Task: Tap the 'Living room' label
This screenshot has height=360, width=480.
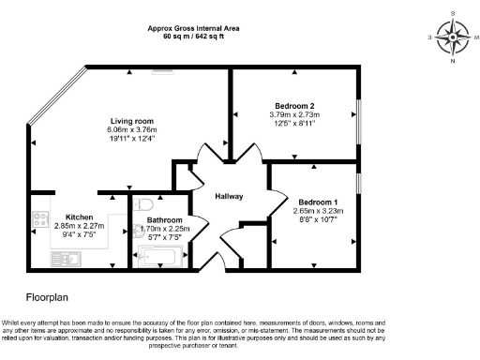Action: click(132, 121)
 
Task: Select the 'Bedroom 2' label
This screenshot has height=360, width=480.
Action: click(294, 105)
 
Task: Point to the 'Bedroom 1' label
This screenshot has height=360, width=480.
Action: click(319, 202)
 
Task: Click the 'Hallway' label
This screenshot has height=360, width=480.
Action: click(230, 196)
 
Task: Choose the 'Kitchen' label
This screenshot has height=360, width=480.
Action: click(79, 217)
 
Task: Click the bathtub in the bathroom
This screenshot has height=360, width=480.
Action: click(162, 255)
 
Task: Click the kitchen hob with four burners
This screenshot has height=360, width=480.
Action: click(40, 220)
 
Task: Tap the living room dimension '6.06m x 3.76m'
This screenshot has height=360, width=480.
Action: click(132, 130)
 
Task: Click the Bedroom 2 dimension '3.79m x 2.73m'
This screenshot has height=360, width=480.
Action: click(294, 114)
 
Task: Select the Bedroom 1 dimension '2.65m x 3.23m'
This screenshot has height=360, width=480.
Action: click(318, 212)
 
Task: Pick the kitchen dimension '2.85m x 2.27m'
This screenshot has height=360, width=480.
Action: click(80, 226)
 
